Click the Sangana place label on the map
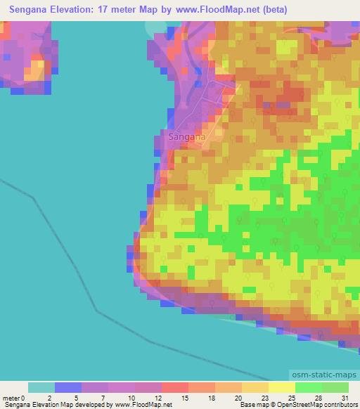pos(187,138)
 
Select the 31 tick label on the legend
pos(343,398)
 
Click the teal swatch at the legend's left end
pos(41,387)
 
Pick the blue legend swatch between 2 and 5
pos(67,387)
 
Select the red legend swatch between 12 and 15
pos(175,387)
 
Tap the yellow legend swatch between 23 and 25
pos(282,387)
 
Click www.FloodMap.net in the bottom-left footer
pos(143,405)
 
